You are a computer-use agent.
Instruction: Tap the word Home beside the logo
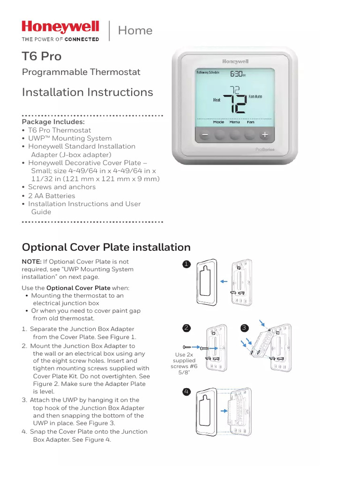coord(135,31)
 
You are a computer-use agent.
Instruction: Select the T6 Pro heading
coord(42,57)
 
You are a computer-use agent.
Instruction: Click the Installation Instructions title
coord(87,92)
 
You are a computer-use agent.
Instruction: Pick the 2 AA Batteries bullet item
coord(51,195)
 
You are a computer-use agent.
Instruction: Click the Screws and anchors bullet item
coord(61,187)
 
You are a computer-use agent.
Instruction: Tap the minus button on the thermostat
coord(204,135)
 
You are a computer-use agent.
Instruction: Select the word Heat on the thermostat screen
coord(217,100)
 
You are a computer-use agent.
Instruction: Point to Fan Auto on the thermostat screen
coord(255,97)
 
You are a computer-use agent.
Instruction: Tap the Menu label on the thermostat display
coord(235,122)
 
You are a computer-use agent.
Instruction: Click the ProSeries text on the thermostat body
coord(265,149)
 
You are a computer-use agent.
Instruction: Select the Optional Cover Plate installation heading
coord(106,247)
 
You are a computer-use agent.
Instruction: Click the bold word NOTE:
coord(31,262)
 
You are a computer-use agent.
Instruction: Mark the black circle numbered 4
coord(187,391)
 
